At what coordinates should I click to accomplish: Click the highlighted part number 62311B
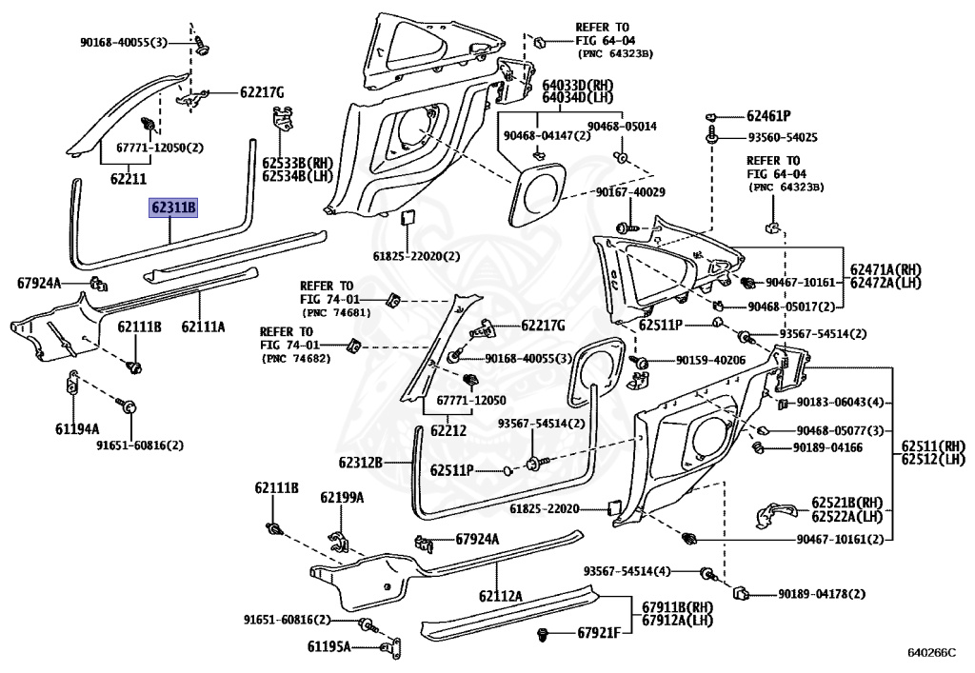tap(173, 208)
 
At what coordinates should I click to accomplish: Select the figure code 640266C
tap(931, 652)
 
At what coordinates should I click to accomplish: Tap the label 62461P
tap(768, 116)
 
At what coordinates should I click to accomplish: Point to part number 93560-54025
tap(783, 137)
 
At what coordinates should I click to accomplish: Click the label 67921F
tap(599, 633)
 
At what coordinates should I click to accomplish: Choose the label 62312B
tap(360, 463)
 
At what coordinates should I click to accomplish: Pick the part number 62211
tap(129, 179)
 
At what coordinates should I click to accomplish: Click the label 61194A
tap(77, 428)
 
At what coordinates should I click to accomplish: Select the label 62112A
tap(501, 597)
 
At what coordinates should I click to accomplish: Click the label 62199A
tap(342, 497)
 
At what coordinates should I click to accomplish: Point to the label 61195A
tap(328, 647)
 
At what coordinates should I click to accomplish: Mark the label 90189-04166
tap(827, 447)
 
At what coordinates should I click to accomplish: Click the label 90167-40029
tap(630, 192)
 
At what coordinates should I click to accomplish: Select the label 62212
tap(448, 430)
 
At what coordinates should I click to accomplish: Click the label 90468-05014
tap(622, 127)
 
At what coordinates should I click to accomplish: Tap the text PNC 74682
tap(296, 359)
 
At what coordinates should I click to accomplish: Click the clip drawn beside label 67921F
tap(544, 635)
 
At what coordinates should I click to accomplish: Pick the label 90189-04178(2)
tap(822, 594)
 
